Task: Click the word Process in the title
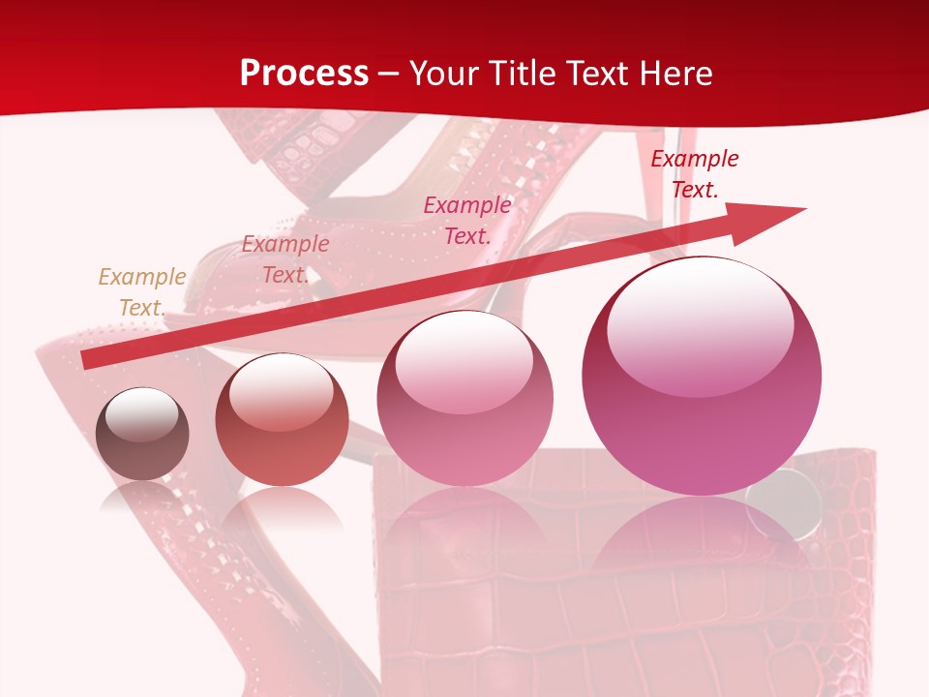(x=304, y=74)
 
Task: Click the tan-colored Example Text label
(x=141, y=291)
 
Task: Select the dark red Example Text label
(x=694, y=174)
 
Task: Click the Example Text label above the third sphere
(x=467, y=220)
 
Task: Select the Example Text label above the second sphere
(x=285, y=259)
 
